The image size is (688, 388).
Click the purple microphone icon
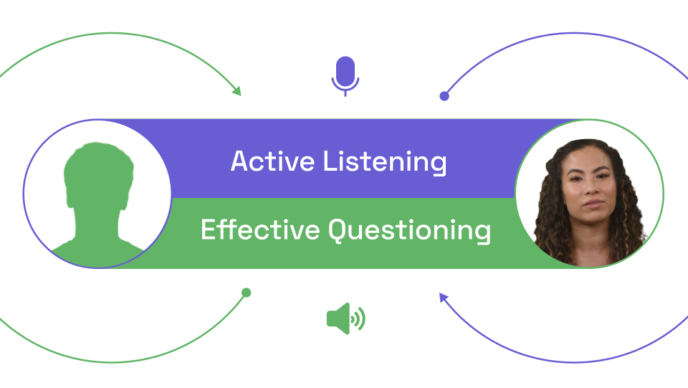pyautogui.click(x=345, y=72)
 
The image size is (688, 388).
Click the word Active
pyautogui.click(x=272, y=161)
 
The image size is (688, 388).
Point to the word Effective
pyautogui.click(x=260, y=230)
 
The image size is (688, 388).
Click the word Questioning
pyautogui.click(x=410, y=232)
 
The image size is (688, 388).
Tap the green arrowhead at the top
pyautogui.click(x=236, y=91)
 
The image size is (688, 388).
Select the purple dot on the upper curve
pyautogui.click(x=444, y=96)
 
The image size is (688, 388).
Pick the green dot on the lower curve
pyautogui.click(x=246, y=293)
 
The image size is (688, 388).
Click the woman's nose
pyautogui.click(x=589, y=190)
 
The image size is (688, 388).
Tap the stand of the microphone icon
pyautogui.click(x=345, y=92)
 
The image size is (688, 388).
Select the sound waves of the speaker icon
pyautogui.click(x=359, y=318)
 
